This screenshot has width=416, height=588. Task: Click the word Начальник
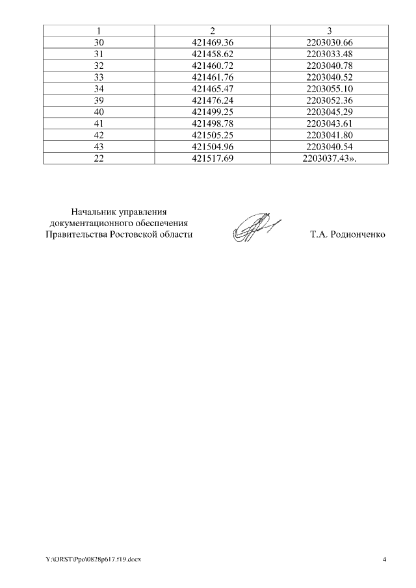click(94, 211)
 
